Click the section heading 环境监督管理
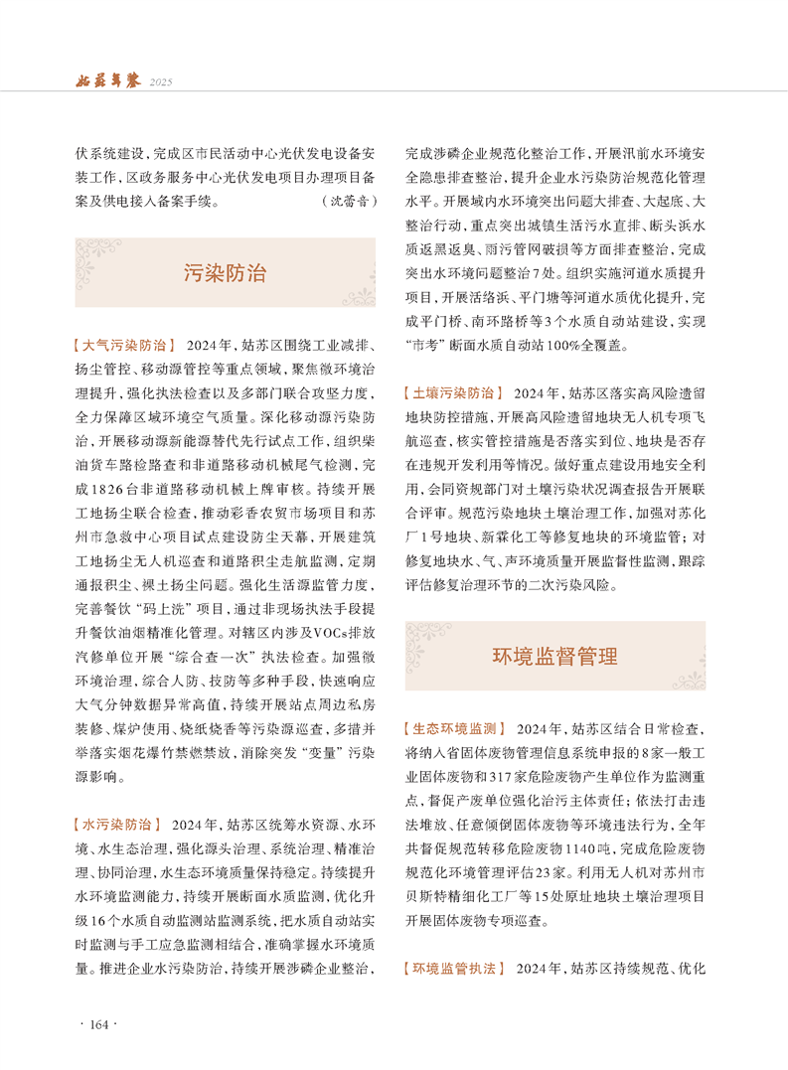pos(554,657)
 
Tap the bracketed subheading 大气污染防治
pos(124,346)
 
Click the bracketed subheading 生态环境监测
pos(454,729)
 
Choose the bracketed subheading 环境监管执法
pos(454,968)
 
